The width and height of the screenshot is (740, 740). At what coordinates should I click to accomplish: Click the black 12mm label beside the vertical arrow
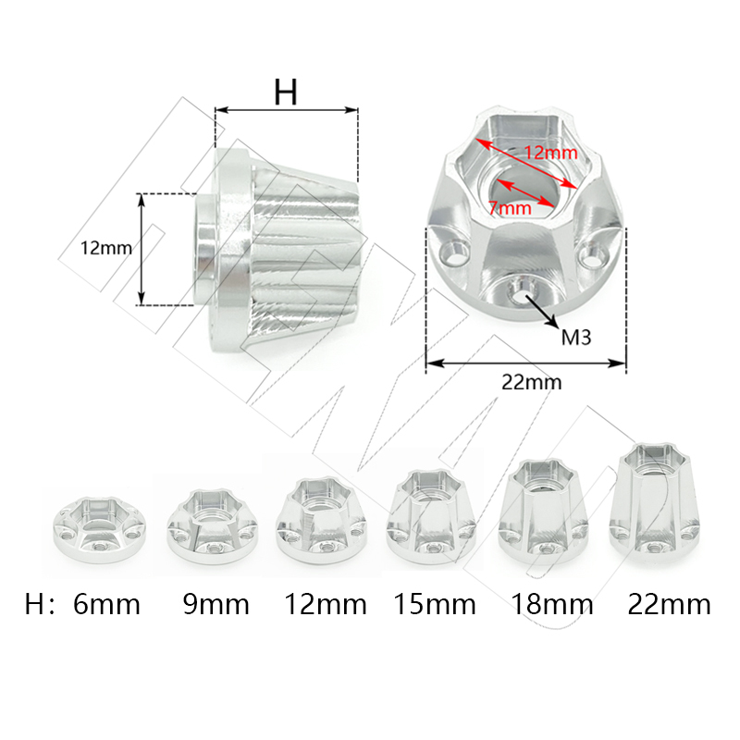click(106, 248)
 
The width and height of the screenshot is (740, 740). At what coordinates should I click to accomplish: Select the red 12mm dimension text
click(550, 153)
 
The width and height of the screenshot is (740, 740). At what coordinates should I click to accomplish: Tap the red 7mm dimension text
click(511, 208)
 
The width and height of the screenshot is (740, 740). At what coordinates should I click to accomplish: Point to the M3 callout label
click(576, 338)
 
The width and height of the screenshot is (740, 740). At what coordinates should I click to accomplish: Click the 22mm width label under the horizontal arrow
click(531, 382)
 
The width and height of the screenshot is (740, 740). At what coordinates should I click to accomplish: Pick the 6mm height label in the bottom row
click(106, 605)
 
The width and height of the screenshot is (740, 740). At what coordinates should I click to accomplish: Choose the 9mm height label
click(216, 605)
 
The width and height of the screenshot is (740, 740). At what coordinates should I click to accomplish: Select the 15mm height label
click(435, 605)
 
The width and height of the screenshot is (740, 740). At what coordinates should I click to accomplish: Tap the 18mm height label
click(552, 605)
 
